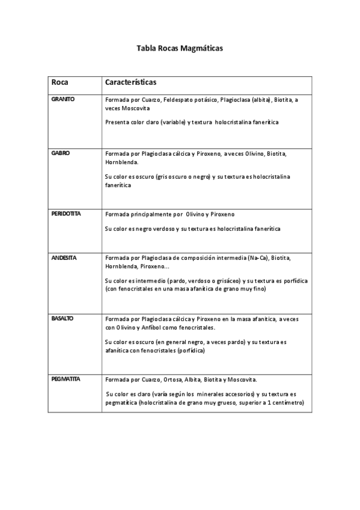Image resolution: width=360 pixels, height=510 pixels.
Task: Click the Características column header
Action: click(x=131, y=81)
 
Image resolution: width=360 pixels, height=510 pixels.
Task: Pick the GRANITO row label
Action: click(x=63, y=99)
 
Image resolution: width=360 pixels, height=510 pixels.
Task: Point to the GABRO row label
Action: click(x=61, y=153)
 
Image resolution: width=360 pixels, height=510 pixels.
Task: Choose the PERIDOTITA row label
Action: click(x=66, y=214)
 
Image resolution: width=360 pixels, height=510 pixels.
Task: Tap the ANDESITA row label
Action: click(x=64, y=257)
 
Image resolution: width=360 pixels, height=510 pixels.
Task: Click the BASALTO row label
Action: click(x=63, y=318)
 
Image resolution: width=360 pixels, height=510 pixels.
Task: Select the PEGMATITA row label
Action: click(x=66, y=379)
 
